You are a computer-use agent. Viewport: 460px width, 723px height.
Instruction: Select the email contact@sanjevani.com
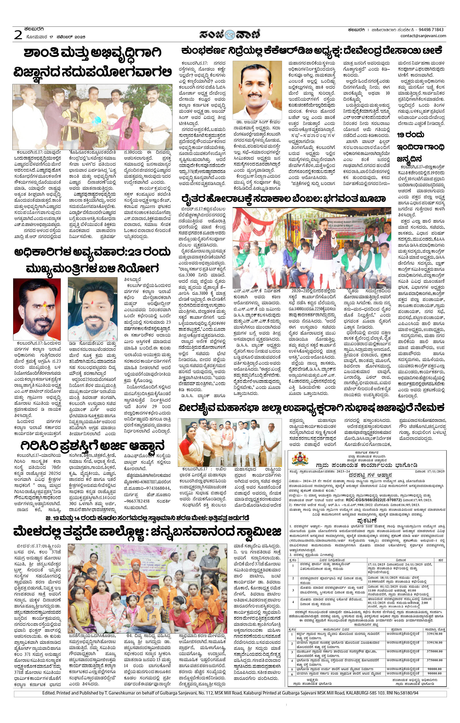pyautogui.click(x=423, y=36)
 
